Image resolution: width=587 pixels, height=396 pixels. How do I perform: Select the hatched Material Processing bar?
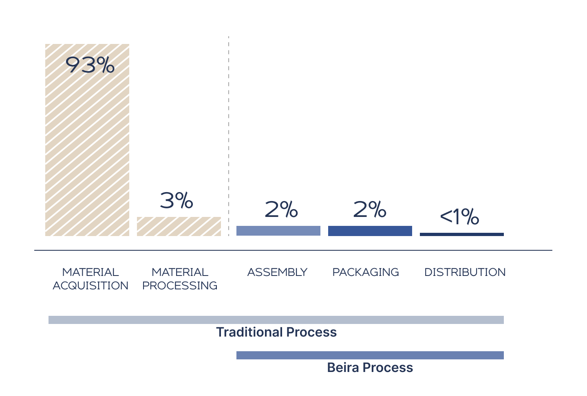click(179, 226)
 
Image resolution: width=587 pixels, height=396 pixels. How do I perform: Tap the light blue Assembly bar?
click(278, 231)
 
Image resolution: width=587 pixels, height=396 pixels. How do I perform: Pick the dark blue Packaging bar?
click(370, 231)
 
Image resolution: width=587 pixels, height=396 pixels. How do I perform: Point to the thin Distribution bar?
click(462, 234)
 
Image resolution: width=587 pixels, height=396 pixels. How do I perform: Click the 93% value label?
click(90, 65)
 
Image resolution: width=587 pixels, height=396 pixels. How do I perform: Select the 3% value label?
click(177, 201)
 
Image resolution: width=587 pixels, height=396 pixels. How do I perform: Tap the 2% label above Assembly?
click(281, 210)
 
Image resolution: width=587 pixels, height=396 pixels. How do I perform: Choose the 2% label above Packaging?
click(370, 209)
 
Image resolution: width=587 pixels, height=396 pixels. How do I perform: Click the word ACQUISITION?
click(90, 286)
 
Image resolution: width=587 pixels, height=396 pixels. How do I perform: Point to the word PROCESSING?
click(180, 286)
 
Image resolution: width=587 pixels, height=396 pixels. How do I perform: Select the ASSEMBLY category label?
click(278, 272)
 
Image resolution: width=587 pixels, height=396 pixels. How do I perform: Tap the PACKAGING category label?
click(366, 272)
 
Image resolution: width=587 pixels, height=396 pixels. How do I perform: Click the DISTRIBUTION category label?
click(465, 272)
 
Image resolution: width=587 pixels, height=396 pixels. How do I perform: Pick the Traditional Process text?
click(276, 332)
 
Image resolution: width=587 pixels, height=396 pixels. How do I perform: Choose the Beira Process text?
click(370, 368)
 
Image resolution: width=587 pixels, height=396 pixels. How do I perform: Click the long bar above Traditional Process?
click(276, 320)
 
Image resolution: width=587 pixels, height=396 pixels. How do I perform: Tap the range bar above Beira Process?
click(370, 355)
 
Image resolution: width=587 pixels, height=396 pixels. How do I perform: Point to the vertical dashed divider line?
click(229, 134)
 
